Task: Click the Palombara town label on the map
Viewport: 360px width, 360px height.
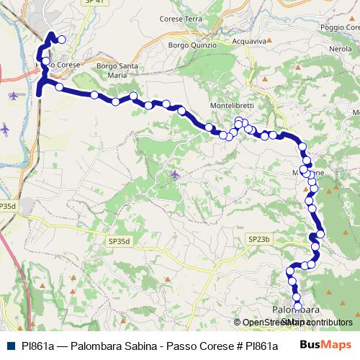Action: (294, 310)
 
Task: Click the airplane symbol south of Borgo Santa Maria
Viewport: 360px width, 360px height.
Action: (175, 174)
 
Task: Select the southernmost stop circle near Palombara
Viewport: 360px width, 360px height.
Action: (298, 306)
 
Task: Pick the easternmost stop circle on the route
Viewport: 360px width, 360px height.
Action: (320, 232)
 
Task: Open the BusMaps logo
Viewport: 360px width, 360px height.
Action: (325, 345)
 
